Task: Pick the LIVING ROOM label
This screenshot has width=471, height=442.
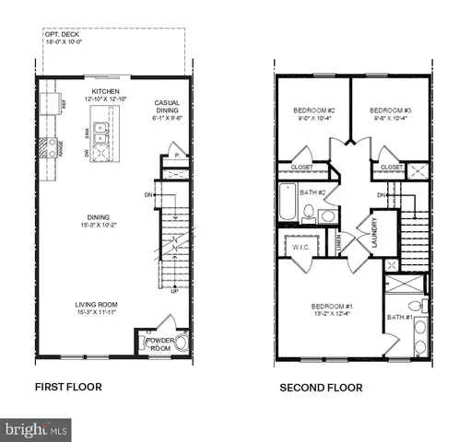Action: point(96,304)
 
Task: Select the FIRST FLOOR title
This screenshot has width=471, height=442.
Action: point(68,388)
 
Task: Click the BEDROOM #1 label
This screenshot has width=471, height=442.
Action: point(333,306)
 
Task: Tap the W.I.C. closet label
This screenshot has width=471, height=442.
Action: point(301,247)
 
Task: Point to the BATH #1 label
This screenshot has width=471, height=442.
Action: point(400,318)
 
